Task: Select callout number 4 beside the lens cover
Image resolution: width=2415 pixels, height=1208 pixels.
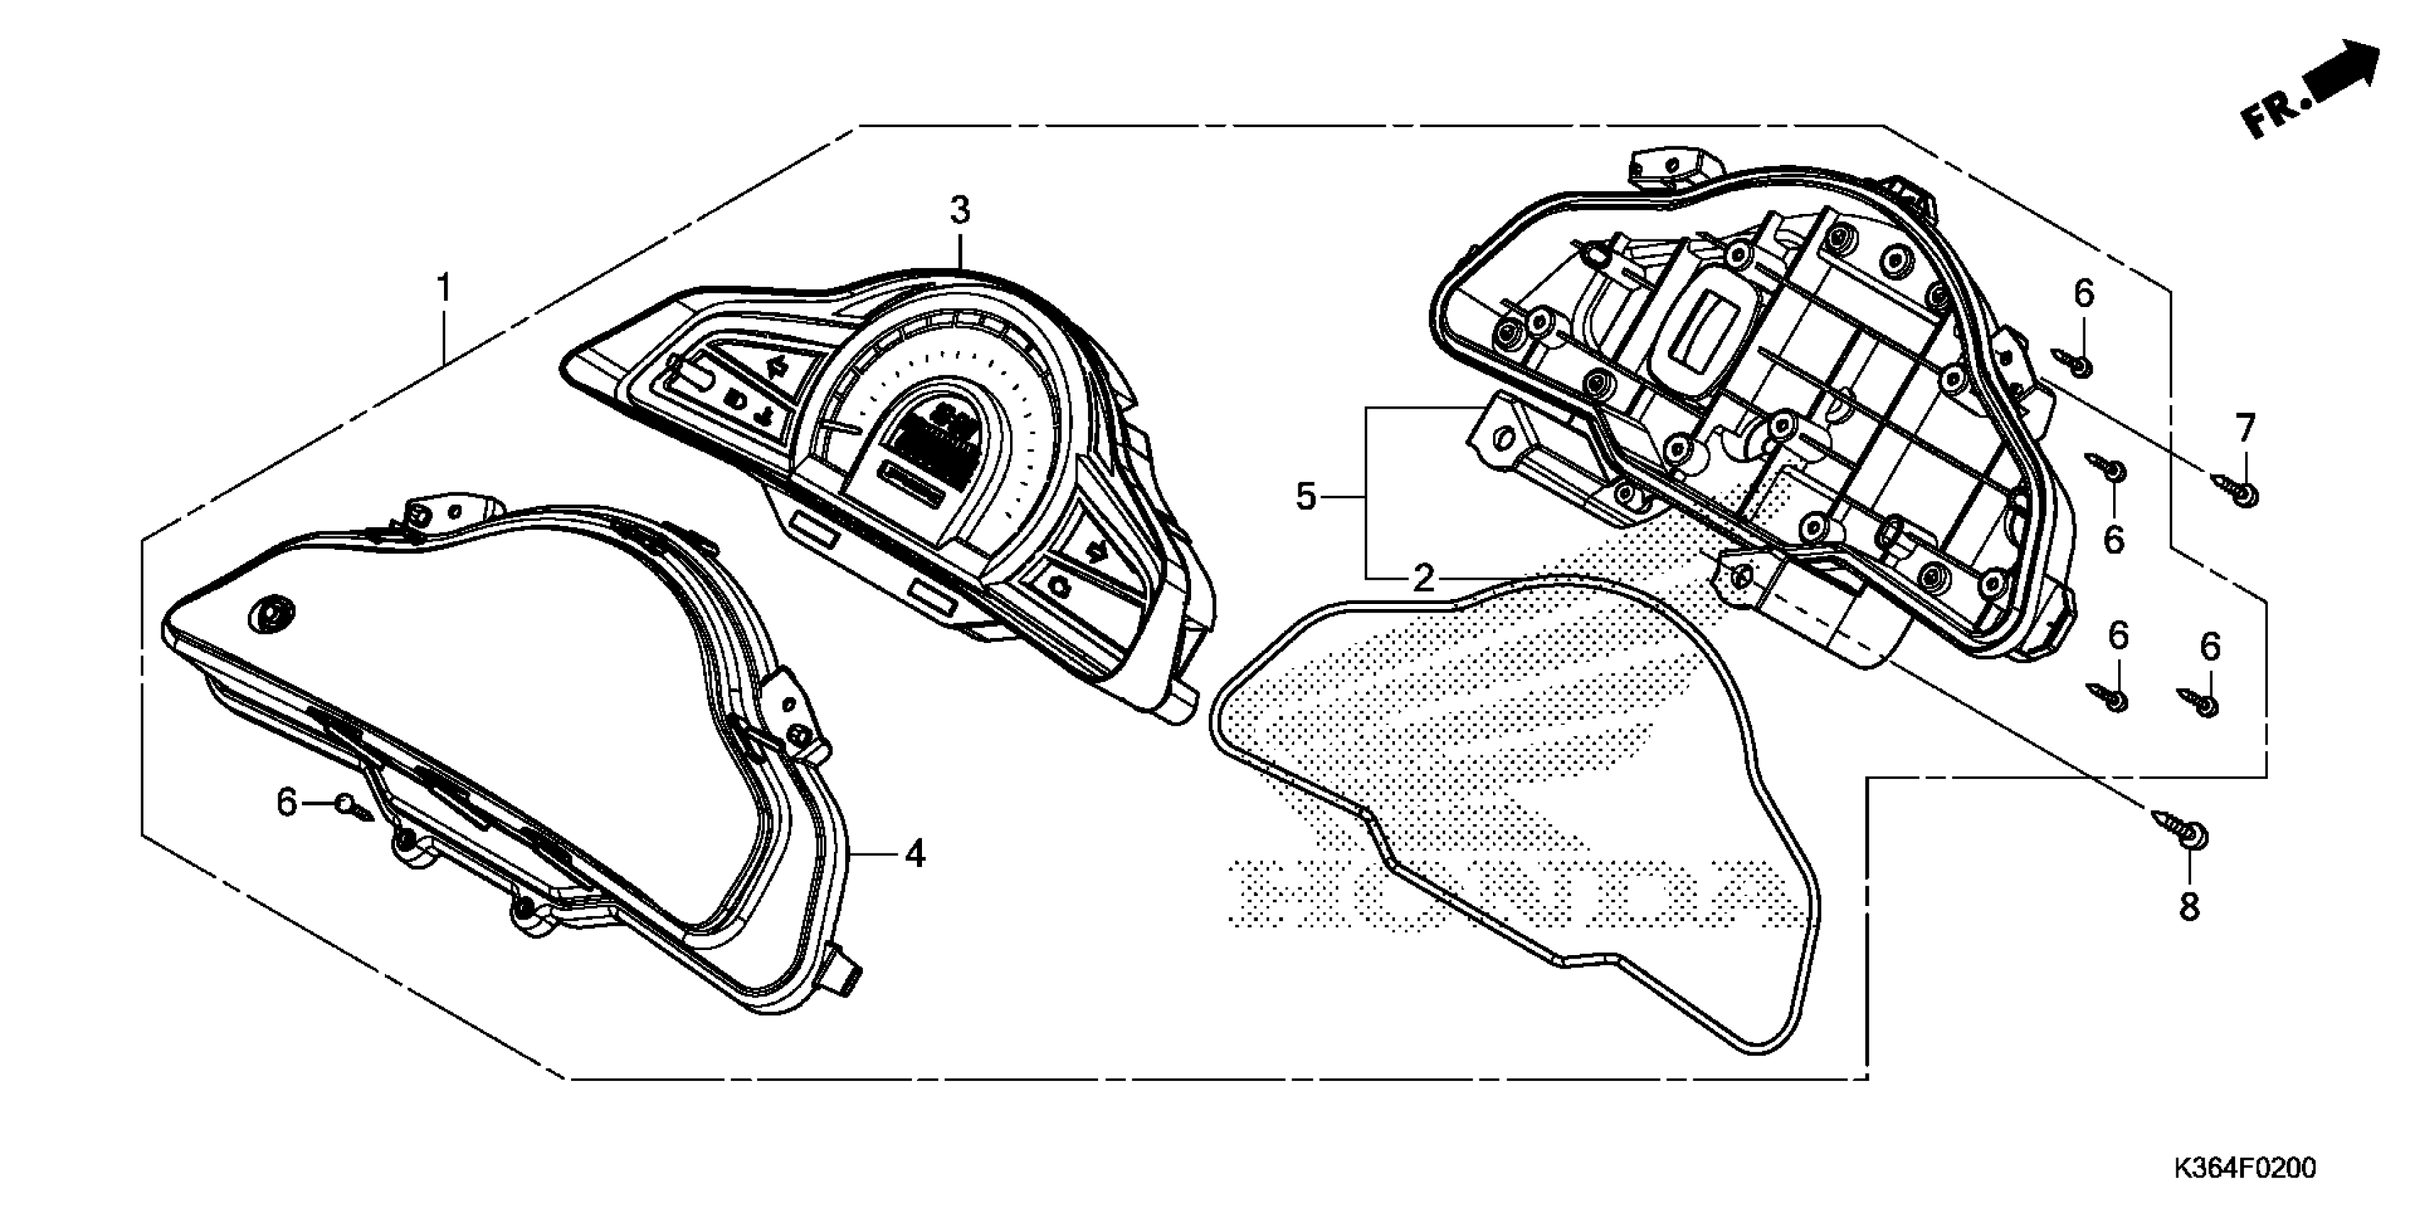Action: [x=915, y=854]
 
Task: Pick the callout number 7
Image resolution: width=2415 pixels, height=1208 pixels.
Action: [x=2245, y=428]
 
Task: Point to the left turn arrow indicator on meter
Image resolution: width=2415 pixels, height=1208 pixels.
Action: [x=774, y=367]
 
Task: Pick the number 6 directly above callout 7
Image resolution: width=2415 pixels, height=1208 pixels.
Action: [x=2083, y=294]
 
